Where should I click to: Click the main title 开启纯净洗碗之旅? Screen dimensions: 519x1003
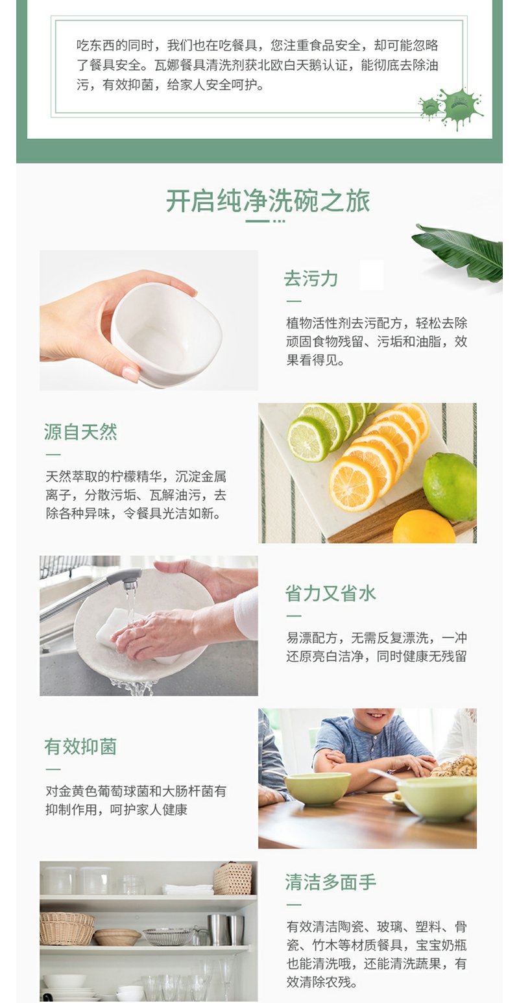tap(268, 201)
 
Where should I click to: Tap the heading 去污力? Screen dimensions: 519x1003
tap(311, 278)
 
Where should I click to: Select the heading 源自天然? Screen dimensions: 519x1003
tap(80, 432)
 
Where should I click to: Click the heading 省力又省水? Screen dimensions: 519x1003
tap(330, 593)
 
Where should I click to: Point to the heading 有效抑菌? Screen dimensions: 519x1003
tap(80, 747)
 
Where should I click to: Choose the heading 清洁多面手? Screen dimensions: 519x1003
tap(330, 882)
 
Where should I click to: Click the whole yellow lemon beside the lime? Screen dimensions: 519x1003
tap(423, 527)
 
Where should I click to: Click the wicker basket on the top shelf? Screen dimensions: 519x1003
tap(232, 879)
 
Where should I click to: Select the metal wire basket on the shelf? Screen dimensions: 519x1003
tap(167, 936)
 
